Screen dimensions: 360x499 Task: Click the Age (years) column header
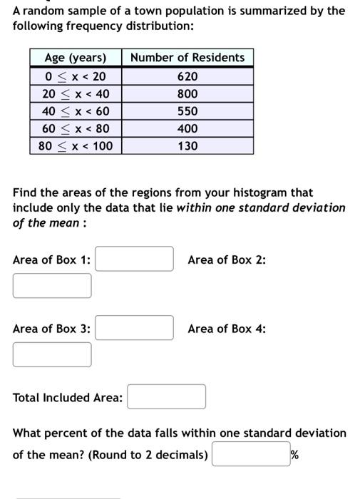[x=76, y=58]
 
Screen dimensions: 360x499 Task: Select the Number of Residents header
[x=188, y=58]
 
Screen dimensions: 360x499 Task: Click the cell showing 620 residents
[x=188, y=76]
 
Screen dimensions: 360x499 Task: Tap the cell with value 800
[x=188, y=94]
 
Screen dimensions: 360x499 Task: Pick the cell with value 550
[x=188, y=111]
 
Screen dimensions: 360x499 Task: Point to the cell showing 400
[x=188, y=129]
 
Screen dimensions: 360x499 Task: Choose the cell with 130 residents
[x=188, y=146]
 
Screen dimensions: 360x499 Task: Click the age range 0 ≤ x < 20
[x=76, y=76]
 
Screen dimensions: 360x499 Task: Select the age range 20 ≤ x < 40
[x=76, y=94]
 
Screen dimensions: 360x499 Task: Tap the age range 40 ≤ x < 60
[x=76, y=111]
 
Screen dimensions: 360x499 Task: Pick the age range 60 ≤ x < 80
[x=76, y=129]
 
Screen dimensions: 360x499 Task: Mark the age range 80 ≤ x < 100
[x=76, y=146]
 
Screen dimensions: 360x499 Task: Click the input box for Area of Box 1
[x=135, y=259]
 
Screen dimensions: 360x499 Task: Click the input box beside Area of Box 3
[x=135, y=328]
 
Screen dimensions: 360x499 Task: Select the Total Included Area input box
[x=167, y=397]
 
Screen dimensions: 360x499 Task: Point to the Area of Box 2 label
[x=227, y=259]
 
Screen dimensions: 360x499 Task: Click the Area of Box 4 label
[x=227, y=329]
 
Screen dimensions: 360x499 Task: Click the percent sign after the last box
[x=294, y=454]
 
